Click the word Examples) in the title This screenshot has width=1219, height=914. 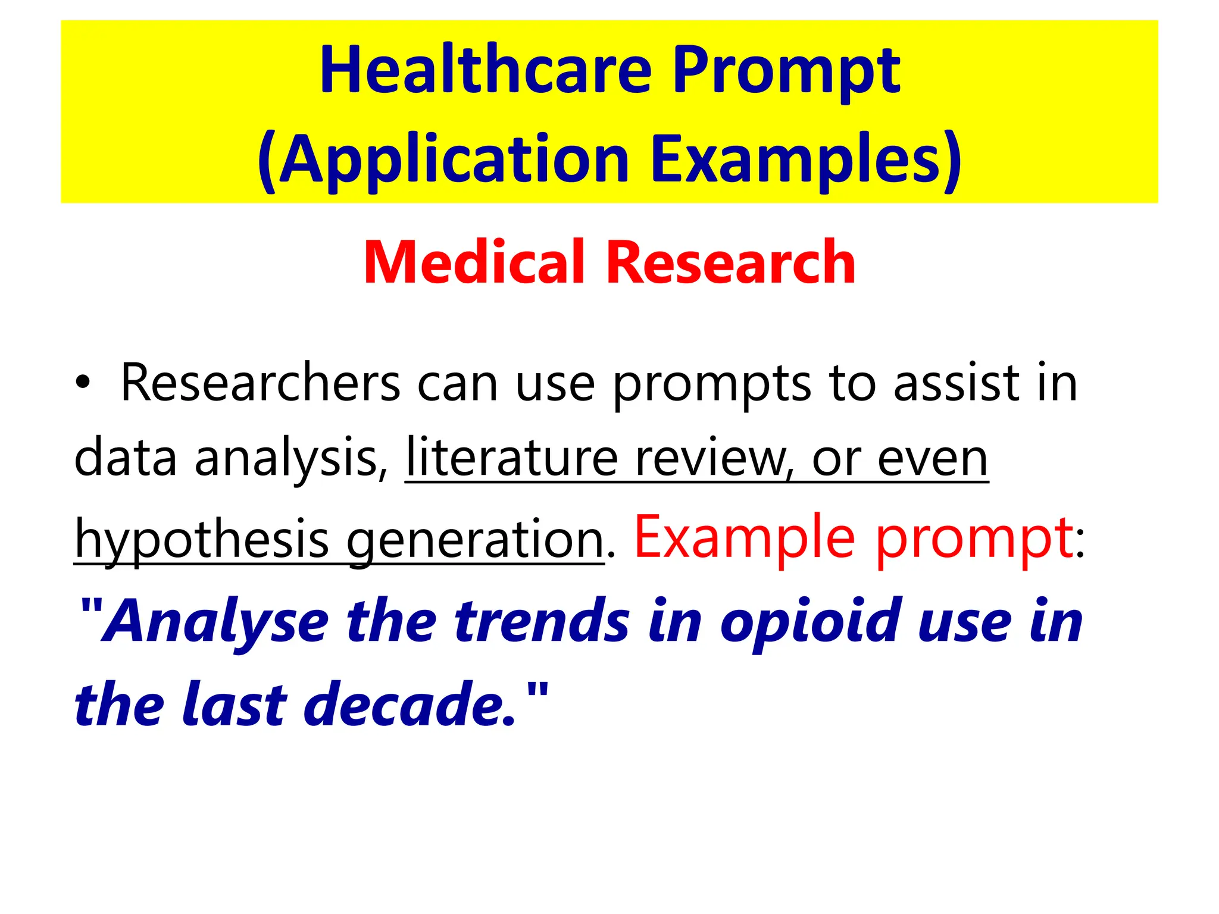pyautogui.click(x=807, y=159)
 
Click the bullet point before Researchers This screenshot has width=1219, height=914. pyautogui.click(x=83, y=384)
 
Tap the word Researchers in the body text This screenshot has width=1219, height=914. pyautogui.click(x=261, y=384)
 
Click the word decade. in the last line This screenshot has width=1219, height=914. pyautogui.click(x=410, y=705)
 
